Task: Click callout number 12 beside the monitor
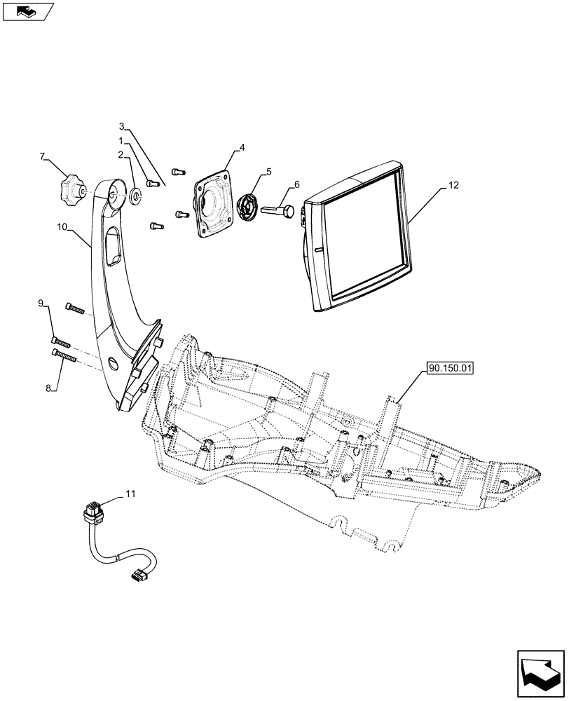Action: (x=454, y=185)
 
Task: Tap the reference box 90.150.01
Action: (x=448, y=366)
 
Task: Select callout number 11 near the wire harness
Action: (x=130, y=494)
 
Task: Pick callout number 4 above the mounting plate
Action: (x=241, y=148)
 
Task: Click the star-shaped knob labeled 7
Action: (x=71, y=189)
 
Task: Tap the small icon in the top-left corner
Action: (x=27, y=11)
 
